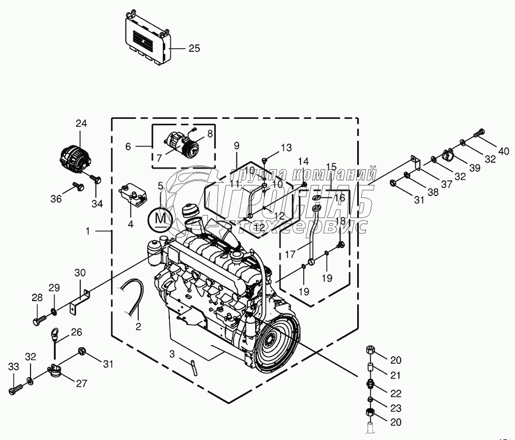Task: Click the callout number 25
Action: [x=194, y=49]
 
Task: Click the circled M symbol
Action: [x=160, y=218]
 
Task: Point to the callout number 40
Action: [x=503, y=151]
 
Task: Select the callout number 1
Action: [x=88, y=231]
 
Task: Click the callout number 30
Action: [x=80, y=273]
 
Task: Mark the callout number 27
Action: [x=82, y=384]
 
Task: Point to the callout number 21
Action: [x=396, y=375]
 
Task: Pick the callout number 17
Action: [x=291, y=255]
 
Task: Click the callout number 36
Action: [x=56, y=199]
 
